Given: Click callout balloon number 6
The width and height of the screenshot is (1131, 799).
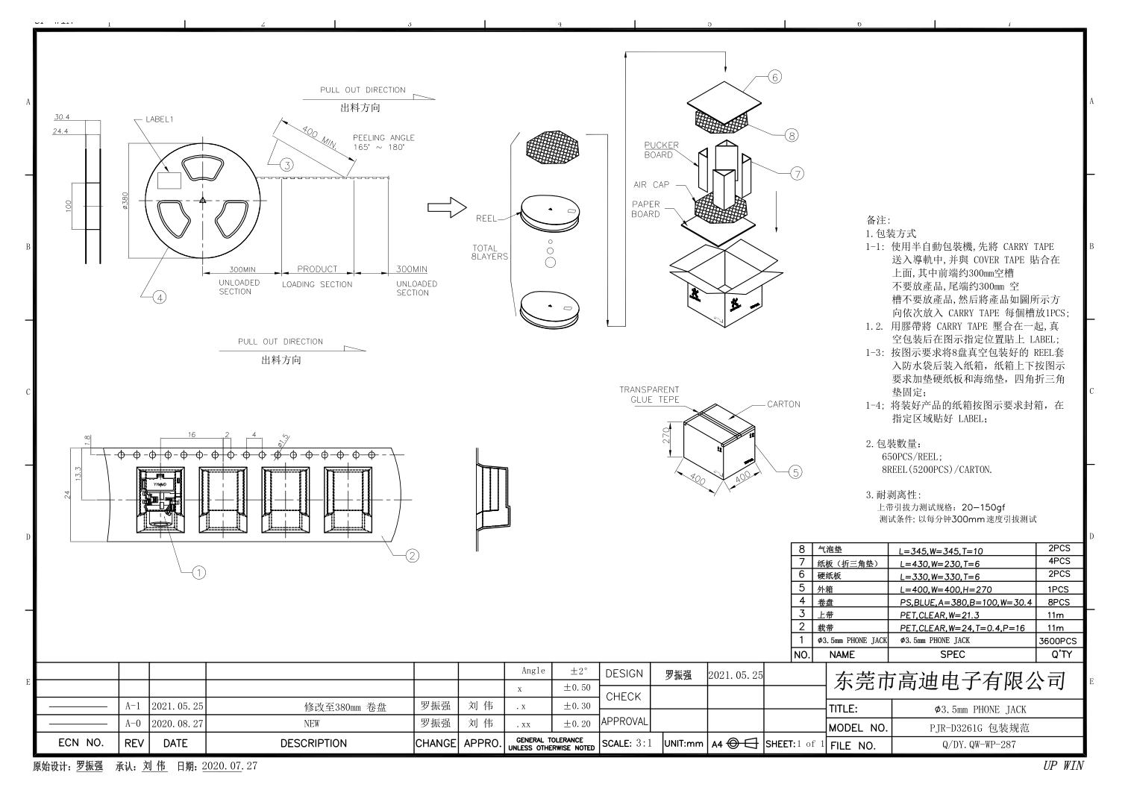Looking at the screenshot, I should (774, 77).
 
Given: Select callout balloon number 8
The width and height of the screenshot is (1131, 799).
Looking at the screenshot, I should (792, 135).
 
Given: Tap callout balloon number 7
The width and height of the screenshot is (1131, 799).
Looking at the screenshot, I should (798, 174).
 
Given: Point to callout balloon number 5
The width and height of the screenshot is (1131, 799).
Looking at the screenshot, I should (795, 471).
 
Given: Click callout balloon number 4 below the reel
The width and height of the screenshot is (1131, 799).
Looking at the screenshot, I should (159, 297).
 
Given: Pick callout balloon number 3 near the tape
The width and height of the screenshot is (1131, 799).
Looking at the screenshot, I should (286, 165).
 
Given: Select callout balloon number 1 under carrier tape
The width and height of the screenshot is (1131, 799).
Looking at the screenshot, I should (198, 572).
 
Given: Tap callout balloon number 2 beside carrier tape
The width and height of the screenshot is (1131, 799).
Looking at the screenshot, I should (412, 555).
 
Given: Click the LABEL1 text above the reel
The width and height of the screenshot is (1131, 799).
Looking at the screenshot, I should (159, 119).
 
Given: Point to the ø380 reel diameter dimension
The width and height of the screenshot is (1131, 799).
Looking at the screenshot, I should (125, 201).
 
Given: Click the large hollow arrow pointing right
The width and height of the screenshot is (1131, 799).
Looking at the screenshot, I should (446, 209).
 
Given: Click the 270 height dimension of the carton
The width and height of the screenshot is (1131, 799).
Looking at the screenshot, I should (667, 434).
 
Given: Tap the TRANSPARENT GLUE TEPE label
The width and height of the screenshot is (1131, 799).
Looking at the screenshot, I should (649, 395).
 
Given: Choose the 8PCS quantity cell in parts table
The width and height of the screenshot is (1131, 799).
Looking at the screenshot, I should (1058, 602).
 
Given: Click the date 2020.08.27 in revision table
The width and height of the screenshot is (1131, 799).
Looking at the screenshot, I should (177, 724).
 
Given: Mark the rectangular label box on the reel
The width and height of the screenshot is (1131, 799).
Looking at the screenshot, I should (171, 180).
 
